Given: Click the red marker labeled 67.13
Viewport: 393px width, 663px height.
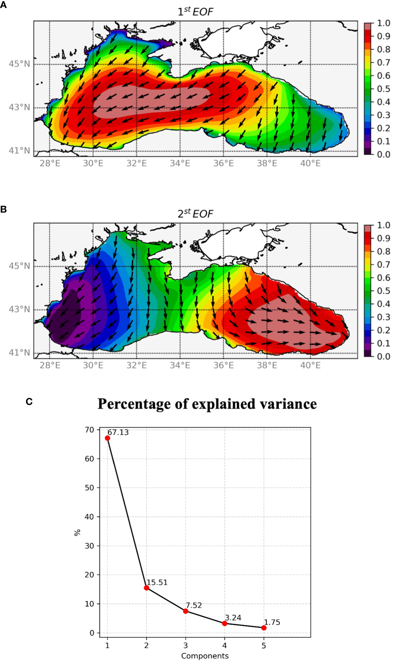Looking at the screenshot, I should (x=107, y=438).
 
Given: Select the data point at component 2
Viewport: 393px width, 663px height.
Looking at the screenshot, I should (x=146, y=588).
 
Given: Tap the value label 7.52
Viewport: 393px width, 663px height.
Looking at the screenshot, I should (x=194, y=605).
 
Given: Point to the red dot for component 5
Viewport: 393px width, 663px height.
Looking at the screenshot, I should (x=264, y=628).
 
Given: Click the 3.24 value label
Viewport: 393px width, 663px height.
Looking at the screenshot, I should (x=233, y=618).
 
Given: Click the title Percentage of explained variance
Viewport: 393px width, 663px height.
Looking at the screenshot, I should (x=207, y=404).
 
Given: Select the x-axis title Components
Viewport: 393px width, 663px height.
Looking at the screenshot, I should (x=205, y=656).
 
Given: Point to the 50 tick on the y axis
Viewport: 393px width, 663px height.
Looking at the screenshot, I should (x=89, y=488).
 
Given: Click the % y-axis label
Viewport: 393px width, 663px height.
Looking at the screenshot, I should (x=77, y=532).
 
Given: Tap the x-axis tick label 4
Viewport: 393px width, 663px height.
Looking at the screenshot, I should (x=225, y=645).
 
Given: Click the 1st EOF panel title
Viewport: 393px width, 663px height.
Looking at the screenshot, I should (x=195, y=12).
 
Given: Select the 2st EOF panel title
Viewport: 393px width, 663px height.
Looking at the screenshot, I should (x=195, y=214).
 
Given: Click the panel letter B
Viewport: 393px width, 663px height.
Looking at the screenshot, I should (x=4, y=209).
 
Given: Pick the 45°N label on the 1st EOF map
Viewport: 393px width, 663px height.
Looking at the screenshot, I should (x=19, y=64).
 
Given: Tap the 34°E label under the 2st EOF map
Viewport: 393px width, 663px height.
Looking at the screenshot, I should (x=180, y=365).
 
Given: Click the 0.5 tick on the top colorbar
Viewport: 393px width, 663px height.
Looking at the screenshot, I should (x=383, y=89).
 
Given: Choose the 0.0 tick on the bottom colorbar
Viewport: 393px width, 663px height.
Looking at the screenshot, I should (x=383, y=356).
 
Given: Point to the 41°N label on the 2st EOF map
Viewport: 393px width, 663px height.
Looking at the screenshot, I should (x=19, y=353).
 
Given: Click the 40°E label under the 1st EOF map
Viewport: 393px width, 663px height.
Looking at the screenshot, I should (x=310, y=163).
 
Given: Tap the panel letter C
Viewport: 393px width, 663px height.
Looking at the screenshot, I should (x=29, y=401).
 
